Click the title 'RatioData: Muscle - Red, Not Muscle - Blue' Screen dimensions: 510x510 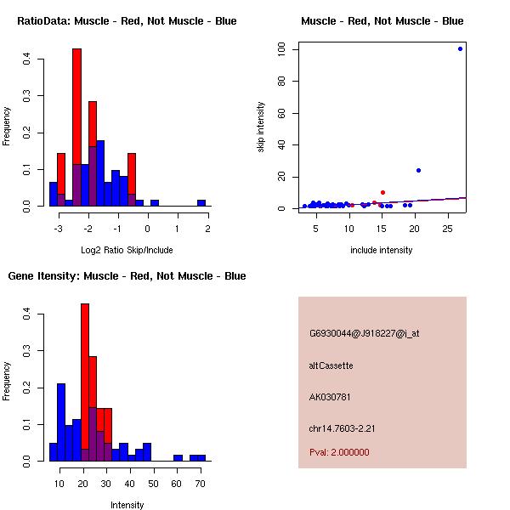tap(127, 20)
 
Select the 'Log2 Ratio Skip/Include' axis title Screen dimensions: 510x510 tap(127, 249)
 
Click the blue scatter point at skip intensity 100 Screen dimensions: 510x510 tap(460, 48)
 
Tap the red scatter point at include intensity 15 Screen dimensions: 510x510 tap(382, 192)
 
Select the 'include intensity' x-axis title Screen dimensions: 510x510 tap(382, 250)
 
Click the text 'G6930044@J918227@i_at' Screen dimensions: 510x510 tap(364, 333)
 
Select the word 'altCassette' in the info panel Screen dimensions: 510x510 tap(331, 365)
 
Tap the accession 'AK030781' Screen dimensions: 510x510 tap(330, 397)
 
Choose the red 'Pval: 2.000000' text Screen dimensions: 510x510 tap(339, 452)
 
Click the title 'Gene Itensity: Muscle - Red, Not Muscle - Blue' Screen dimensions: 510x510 tap(127, 276)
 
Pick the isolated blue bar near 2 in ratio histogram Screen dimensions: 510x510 tap(201, 202)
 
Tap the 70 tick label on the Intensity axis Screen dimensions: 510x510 tap(200, 484)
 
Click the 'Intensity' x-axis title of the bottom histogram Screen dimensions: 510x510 tap(127, 505)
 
